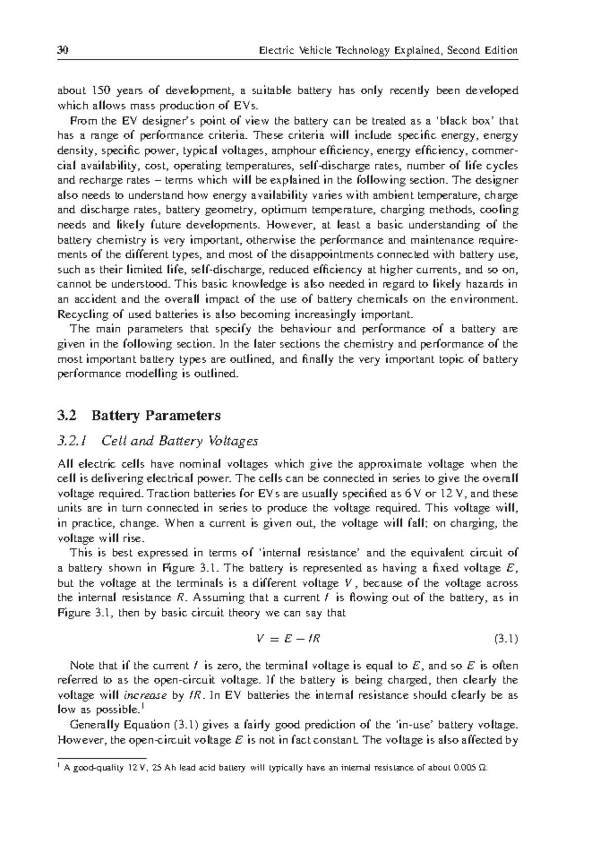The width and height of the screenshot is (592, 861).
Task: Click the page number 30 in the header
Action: [62, 50]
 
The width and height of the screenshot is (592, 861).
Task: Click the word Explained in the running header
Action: [416, 50]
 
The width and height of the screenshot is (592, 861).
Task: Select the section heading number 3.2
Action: [67, 415]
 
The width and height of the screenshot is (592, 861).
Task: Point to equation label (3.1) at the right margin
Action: [505, 639]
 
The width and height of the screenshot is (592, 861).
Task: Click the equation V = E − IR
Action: [288, 639]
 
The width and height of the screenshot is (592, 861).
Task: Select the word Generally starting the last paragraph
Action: [93, 725]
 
